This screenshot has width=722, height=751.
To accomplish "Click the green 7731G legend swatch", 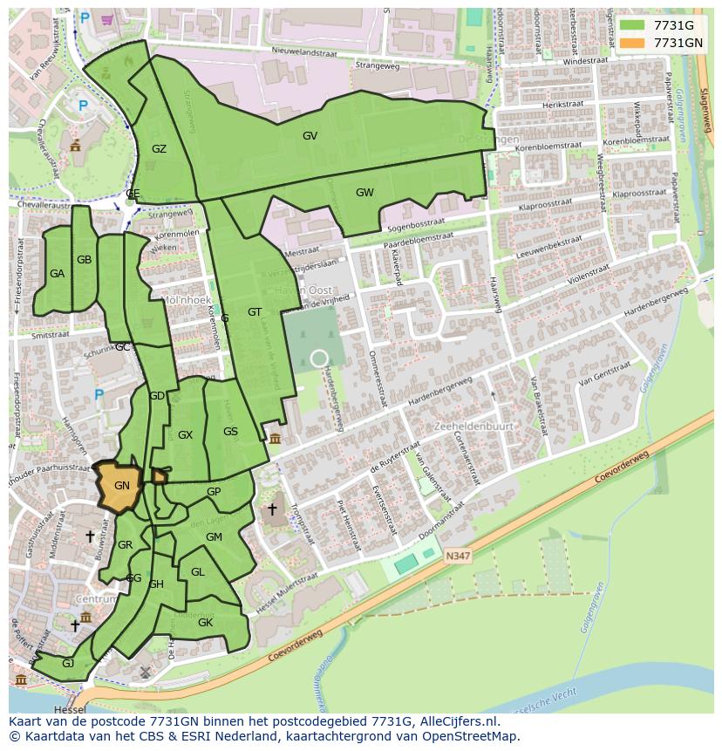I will click(631, 25).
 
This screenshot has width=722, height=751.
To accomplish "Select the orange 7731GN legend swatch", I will click(631, 42).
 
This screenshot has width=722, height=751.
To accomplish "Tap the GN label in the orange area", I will click(122, 486).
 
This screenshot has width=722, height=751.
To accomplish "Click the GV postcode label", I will click(310, 136).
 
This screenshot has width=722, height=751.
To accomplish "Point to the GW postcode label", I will click(364, 193).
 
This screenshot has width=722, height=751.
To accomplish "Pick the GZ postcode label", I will click(159, 149).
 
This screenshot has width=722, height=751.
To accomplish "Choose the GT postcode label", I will click(255, 312).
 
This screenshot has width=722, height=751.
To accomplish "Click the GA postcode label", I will click(57, 274).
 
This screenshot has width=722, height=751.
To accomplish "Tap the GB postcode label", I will click(84, 260).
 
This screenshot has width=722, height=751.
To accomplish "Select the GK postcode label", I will click(205, 623).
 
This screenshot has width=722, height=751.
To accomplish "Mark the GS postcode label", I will click(230, 432).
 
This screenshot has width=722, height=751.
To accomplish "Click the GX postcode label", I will click(185, 435).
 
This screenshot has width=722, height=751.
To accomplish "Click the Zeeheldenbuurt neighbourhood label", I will click(473, 427).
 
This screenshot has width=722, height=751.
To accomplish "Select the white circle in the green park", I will click(319, 358).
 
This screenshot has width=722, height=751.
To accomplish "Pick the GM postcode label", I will click(214, 537).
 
